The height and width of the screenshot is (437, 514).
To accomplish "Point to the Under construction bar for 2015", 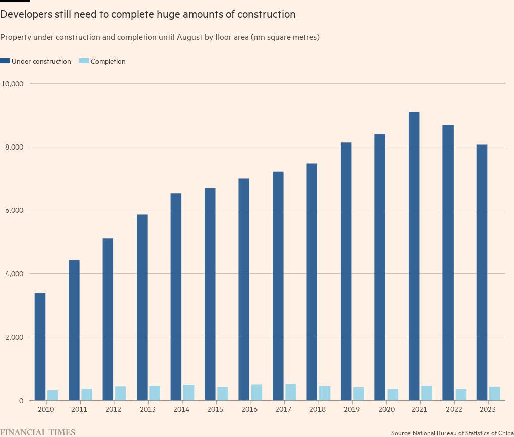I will [210, 294].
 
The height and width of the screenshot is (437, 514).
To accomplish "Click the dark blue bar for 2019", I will [346, 271].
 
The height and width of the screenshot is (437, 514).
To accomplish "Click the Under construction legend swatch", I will [6, 61].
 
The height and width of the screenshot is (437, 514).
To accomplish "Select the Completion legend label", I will [108, 61].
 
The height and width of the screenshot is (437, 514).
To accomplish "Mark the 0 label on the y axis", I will [21, 401].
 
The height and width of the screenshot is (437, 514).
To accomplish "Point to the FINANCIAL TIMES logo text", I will [38, 432].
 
